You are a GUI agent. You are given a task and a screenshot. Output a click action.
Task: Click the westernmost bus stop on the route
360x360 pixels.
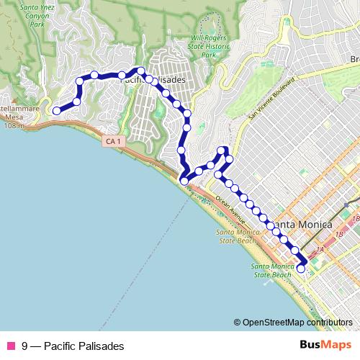click(55, 110)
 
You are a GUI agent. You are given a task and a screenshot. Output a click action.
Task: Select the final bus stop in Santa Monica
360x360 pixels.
click(301, 269)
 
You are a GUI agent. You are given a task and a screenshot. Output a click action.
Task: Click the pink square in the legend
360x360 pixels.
click(11, 346)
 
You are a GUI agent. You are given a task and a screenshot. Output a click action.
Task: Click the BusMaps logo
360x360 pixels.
click(325, 345)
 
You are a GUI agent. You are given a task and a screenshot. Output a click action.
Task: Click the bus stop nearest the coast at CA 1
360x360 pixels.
click(184, 181)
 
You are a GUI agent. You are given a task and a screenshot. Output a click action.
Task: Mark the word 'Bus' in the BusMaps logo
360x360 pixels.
click(311, 345)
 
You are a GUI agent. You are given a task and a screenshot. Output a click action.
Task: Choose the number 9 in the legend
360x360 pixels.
click(25, 346)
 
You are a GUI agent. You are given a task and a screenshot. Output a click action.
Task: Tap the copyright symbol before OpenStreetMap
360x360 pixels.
click(237, 323)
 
